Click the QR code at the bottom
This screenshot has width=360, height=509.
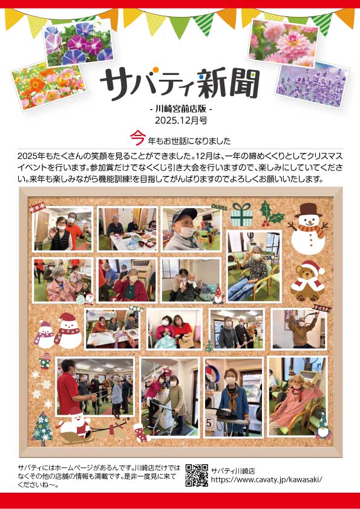point(197,475)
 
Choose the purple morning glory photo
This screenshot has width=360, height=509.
point(79,44)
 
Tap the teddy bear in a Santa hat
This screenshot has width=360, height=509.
point(308,281)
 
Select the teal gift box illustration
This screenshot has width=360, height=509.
point(241,214)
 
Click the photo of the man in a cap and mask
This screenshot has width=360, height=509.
point(191,229)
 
